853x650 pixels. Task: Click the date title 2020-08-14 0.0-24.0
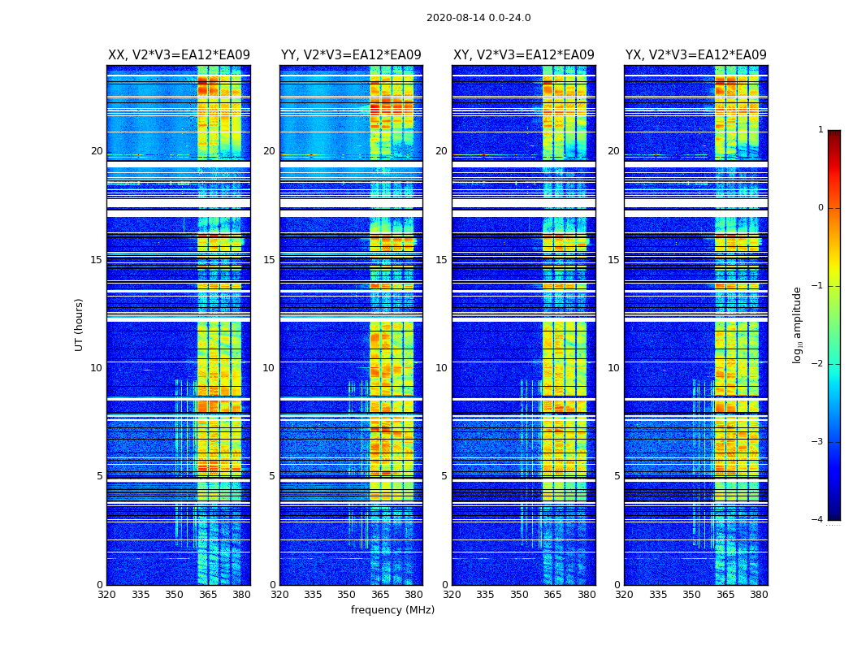(478, 18)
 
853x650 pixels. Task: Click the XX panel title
(179, 55)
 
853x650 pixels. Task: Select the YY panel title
(351, 55)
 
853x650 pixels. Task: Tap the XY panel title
(524, 55)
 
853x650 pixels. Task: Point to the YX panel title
(696, 55)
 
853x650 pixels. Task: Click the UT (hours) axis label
(79, 324)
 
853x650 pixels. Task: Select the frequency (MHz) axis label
(392, 610)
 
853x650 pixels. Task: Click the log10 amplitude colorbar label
(797, 324)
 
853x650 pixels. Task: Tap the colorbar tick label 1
(820, 130)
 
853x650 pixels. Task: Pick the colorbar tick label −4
(818, 520)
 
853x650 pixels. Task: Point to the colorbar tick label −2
(818, 364)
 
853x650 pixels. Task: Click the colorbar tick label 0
(820, 208)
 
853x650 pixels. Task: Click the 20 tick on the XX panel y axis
(97, 151)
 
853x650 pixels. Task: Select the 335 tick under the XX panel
(141, 595)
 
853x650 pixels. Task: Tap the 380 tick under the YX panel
(759, 595)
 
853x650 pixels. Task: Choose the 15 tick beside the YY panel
(269, 260)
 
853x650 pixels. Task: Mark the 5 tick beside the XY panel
(445, 476)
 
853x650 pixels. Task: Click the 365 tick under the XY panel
(552, 595)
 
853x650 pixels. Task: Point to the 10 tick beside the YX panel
(614, 368)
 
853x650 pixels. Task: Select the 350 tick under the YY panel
(347, 595)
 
